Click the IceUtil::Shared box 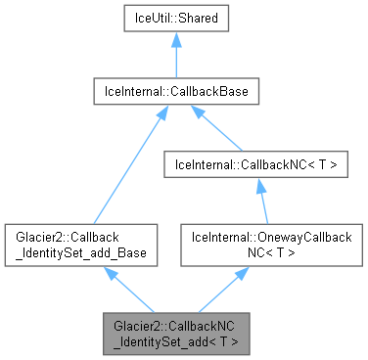pos(175,18)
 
